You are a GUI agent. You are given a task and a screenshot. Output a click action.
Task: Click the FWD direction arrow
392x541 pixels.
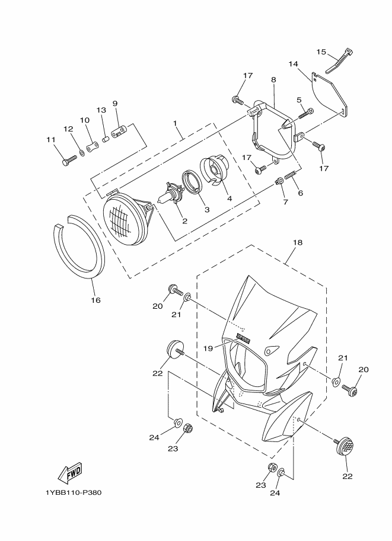pos(69,472)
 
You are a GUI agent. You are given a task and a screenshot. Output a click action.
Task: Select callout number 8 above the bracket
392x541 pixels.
pos(273,79)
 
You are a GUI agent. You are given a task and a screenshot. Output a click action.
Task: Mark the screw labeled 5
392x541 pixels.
pos(306,111)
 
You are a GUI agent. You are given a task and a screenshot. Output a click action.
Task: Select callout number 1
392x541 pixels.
pos(176,123)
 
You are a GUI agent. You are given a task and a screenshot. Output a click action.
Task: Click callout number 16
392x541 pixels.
pos(95,300)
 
